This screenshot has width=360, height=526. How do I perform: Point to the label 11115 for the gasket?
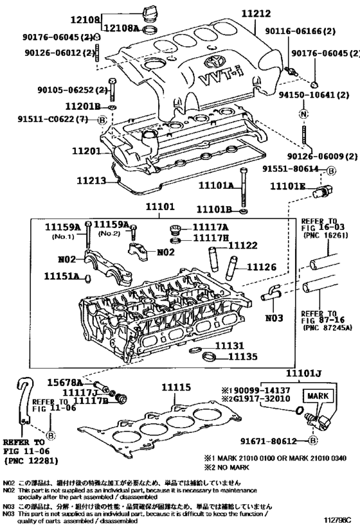(176, 387)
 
